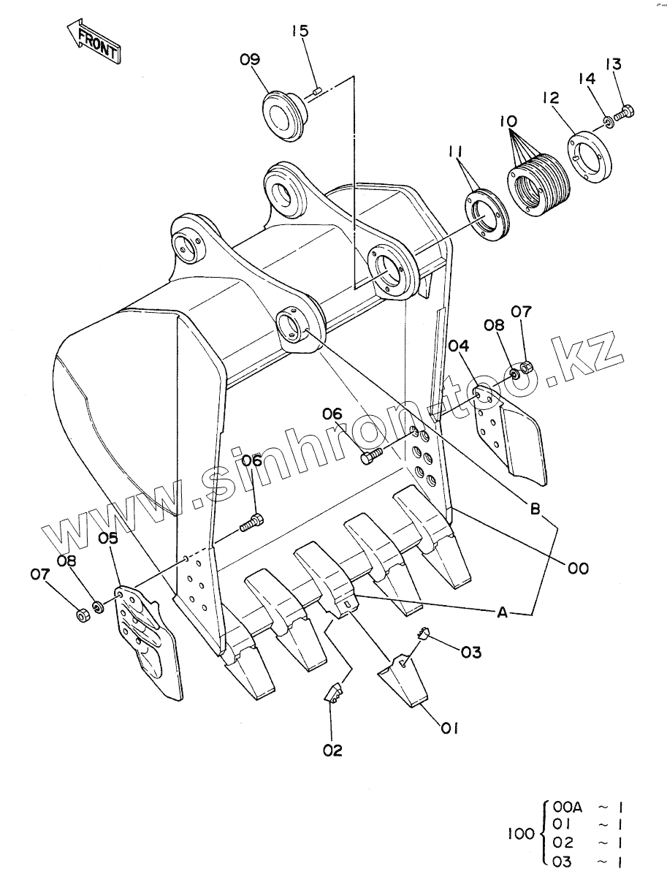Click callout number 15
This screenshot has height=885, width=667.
300,31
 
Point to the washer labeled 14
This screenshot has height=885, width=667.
609,120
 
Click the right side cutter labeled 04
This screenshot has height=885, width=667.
510,431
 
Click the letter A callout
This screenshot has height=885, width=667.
502,613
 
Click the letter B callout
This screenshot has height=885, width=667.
535,509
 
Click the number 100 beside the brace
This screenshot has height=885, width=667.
522,833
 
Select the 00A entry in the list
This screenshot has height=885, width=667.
567,807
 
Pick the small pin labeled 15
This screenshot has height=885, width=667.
317,91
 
